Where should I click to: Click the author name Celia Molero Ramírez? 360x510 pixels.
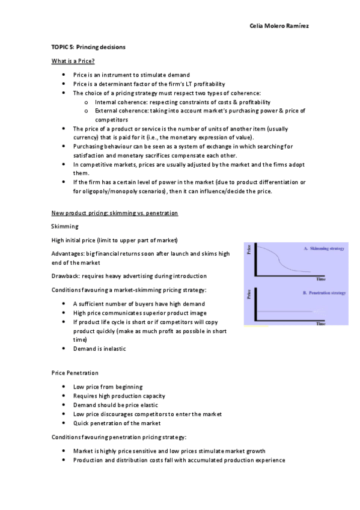tap(278, 26)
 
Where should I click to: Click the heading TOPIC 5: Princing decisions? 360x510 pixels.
tap(88, 47)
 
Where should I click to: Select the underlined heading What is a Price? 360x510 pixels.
tap(73, 61)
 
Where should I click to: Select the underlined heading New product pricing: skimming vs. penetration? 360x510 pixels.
tap(114, 214)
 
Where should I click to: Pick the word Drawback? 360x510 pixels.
tap(65, 276)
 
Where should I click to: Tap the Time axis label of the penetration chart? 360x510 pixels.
tap(321, 324)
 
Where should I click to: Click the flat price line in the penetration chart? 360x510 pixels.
tap(288, 311)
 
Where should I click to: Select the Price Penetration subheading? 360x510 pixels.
tap(75, 373)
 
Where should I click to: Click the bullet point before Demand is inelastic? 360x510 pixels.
tap(64, 349)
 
